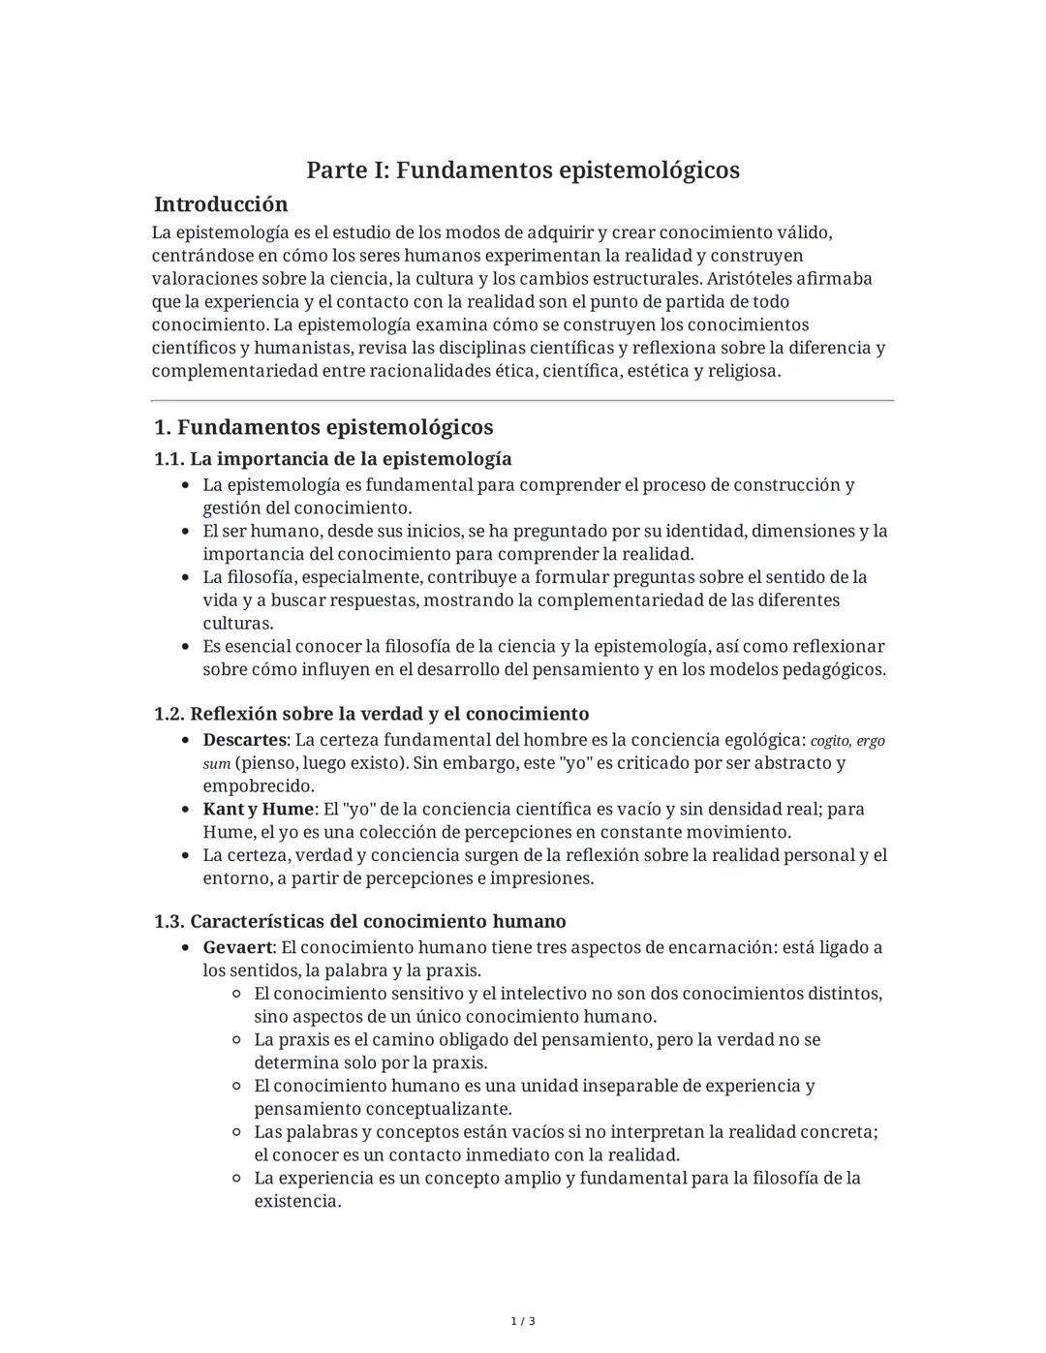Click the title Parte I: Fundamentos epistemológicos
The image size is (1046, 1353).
point(523,170)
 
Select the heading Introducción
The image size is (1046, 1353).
point(221,204)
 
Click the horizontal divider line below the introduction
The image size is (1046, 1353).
point(523,400)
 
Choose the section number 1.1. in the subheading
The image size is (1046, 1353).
point(169,459)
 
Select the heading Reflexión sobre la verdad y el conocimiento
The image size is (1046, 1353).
point(389,715)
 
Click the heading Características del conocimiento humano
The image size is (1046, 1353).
point(378,922)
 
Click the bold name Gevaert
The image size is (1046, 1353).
point(237,948)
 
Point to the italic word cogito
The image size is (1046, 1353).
point(830,742)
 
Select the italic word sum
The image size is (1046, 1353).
point(216,764)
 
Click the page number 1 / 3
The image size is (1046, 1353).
point(523,1322)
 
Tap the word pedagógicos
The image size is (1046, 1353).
point(835,670)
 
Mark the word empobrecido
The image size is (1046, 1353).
point(258,786)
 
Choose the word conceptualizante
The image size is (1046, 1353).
point(383,1110)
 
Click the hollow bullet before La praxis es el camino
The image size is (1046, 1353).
point(236,1040)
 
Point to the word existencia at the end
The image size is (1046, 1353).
point(296,1202)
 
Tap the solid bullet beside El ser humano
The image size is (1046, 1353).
point(185,532)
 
